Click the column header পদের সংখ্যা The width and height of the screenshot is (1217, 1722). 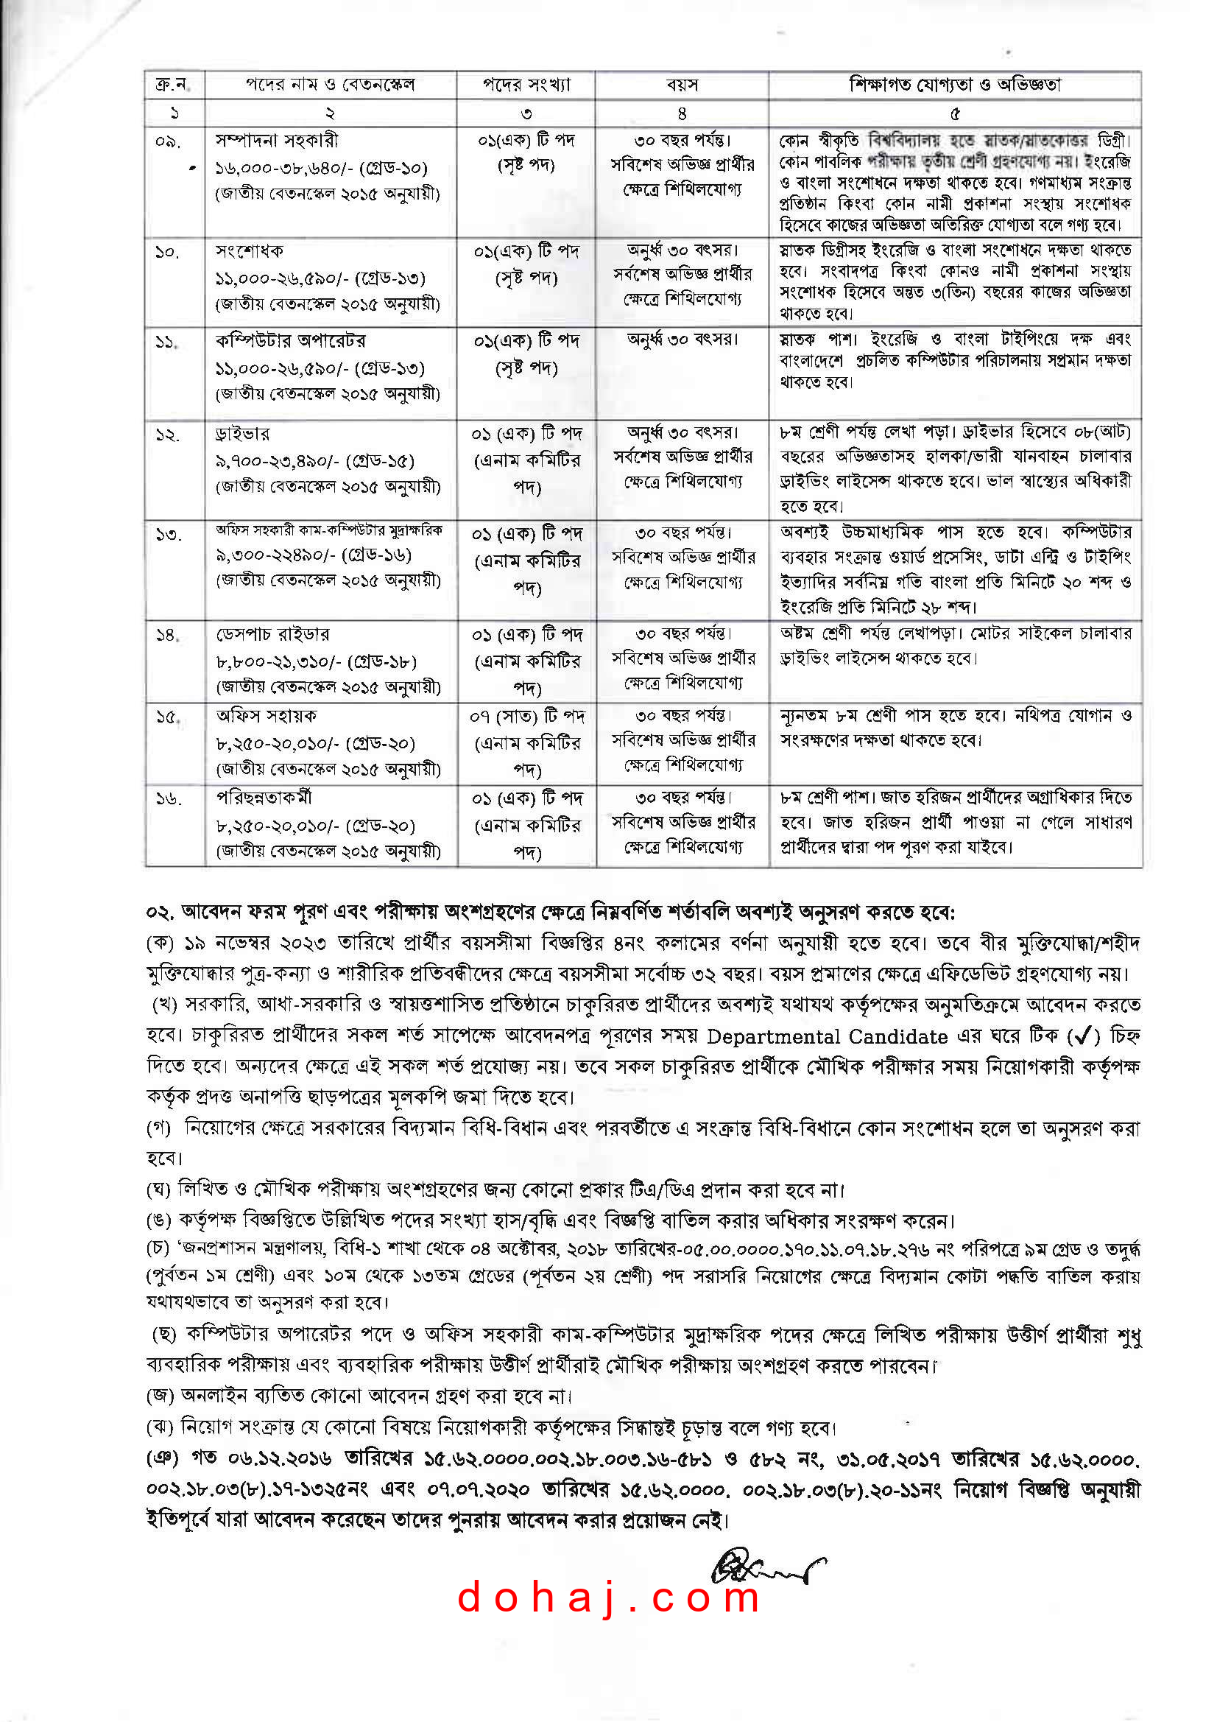(526, 85)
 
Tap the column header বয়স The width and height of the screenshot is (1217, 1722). (682, 85)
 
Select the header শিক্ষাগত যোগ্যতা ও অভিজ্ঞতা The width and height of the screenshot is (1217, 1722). (955, 85)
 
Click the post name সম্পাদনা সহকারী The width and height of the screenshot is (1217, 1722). (277, 140)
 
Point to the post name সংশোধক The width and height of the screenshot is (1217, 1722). (249, 250)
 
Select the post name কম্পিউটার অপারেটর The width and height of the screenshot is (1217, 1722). (291, 340)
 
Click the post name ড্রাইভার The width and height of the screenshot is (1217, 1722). (242, 434)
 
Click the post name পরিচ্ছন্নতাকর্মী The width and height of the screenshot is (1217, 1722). (264, 797)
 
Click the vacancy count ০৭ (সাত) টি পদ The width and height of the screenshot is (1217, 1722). (527, 717)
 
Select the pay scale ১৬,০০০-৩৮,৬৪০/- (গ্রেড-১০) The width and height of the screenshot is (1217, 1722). (321, 167)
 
